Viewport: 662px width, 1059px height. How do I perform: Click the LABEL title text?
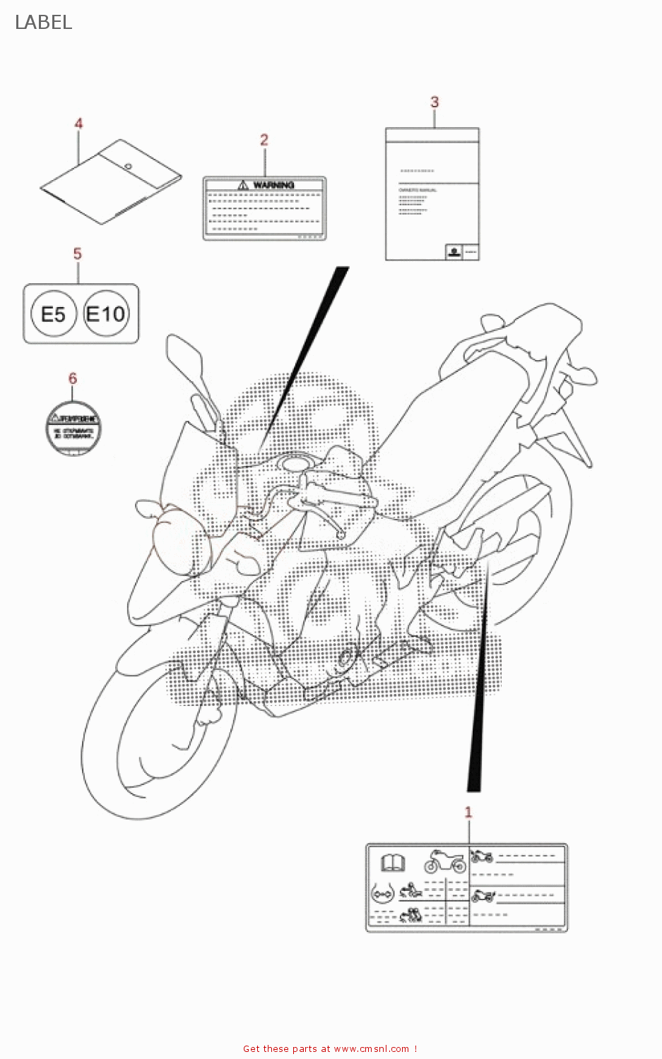coord(43,23)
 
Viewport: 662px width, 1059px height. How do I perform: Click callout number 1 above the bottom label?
coord(468,812)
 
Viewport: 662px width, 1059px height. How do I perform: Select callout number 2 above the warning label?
coord(264,140)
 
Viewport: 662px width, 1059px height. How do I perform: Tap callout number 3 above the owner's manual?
coord(435,102)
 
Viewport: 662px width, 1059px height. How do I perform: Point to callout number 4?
coord(78,124)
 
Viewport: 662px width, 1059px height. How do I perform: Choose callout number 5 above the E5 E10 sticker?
coord(77,253)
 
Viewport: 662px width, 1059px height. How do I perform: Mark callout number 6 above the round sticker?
coord(72,378)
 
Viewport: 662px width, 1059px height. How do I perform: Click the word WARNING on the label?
coord(273,185)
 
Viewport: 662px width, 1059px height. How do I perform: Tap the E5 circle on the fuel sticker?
coord(53,314)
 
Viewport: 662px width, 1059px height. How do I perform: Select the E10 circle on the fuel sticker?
coord(105,313)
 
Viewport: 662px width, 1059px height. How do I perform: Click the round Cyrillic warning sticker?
coord(73,428)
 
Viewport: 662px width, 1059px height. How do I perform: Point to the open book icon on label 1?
coord(393,863)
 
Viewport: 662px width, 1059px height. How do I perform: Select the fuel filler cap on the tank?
coord(296,464)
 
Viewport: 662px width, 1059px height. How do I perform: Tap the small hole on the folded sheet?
coord(128,167)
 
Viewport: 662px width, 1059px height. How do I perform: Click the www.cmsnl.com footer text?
coord(371,1048)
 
